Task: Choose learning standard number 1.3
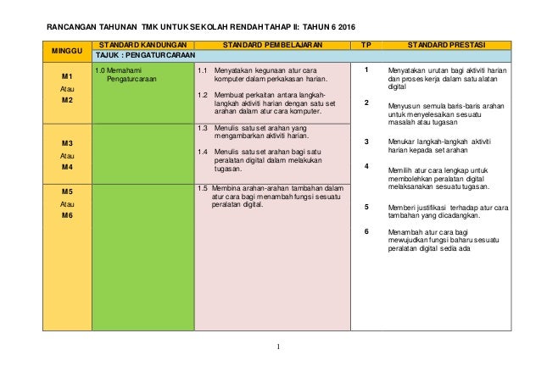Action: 203,127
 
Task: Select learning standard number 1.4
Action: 203,152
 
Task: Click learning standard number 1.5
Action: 203,188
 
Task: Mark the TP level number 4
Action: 365,166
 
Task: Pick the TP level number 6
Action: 365,231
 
